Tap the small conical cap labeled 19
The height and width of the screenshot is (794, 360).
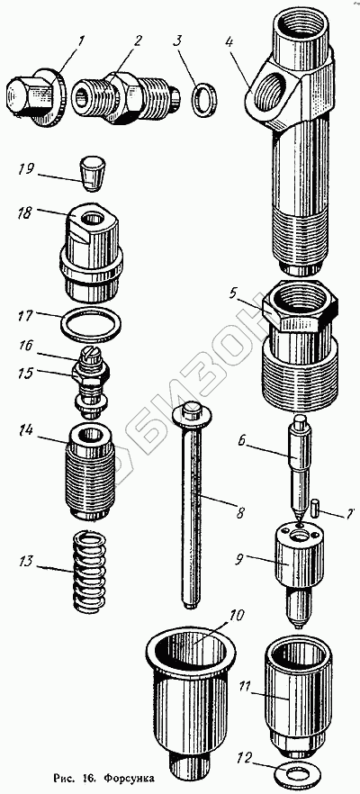tap(92, 173)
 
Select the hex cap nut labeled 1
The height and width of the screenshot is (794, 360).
tap(35, 99)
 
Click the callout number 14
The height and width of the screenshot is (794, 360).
tap(26, 431)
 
